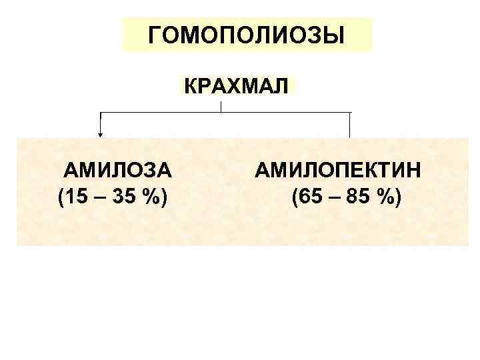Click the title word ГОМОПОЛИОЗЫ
click(x=247, y=35)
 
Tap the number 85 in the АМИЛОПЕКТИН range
click(x=355, y=197)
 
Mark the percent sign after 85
click(x=383, y=197)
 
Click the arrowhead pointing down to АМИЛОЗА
click(x=101, y=134)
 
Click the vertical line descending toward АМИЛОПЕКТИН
click(x=350, y=125)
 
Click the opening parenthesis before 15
click(x=61, y=198)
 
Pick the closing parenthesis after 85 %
click(x=398, y=198)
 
